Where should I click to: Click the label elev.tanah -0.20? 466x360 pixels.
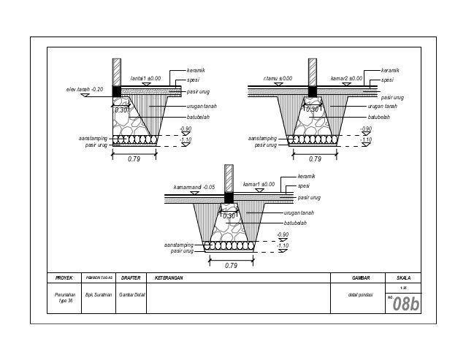[x=81, y=89]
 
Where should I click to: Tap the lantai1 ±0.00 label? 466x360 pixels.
[x=145, y=77]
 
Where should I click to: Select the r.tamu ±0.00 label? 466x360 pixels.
[x=277, y=77]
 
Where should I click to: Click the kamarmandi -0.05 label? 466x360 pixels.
[x=193, y=186]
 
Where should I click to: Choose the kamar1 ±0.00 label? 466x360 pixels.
[x=259, y=184]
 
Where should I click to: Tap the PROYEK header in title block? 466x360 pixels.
[x=56, y=277]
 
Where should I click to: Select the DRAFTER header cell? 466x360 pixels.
[x=130, y=277]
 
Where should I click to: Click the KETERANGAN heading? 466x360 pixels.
[x=168, y=277]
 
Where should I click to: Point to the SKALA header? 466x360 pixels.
[x=403, y=277]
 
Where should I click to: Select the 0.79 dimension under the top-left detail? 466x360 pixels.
[x=134, y=158]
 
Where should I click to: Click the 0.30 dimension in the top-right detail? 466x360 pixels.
[x=312, y=109]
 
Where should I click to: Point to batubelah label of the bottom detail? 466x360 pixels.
[x=295, y=222]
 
